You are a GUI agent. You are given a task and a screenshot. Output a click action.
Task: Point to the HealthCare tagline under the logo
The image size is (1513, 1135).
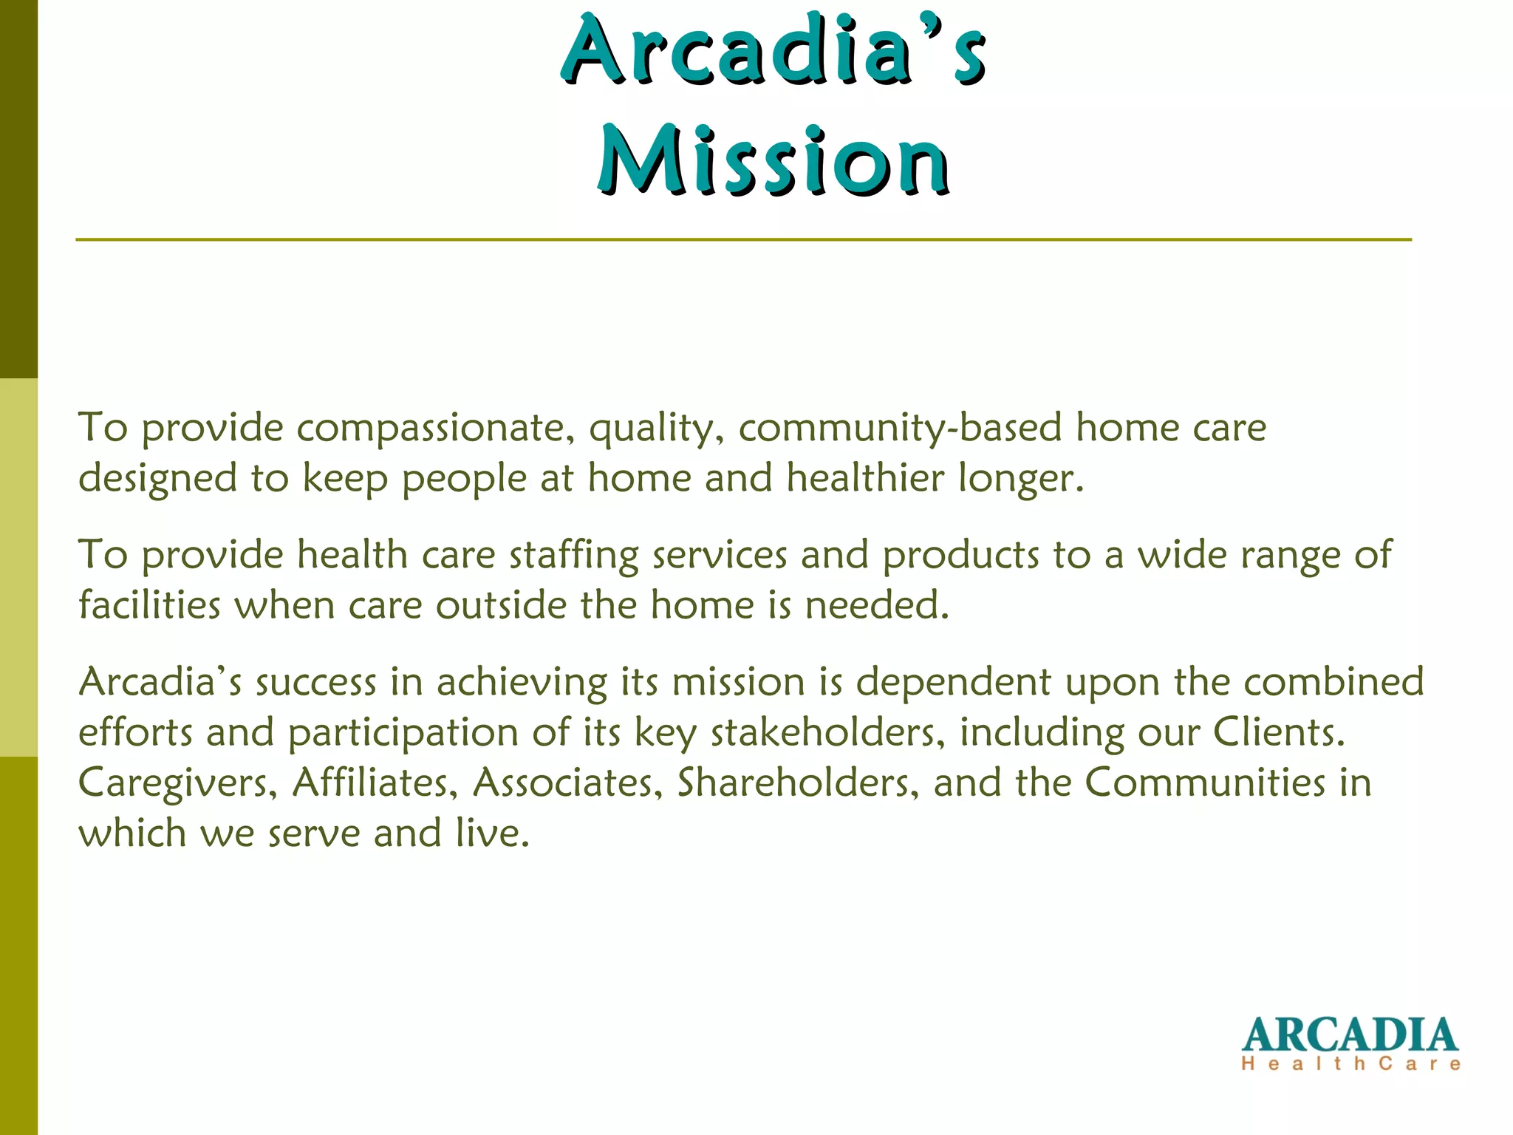pos(1351,1064)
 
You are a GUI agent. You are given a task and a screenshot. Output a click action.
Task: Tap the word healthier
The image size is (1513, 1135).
pos(865,478)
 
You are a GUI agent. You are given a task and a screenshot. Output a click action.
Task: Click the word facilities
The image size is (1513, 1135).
pos(149,605)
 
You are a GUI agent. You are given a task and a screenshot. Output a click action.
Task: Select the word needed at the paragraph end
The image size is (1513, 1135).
pos(876,605)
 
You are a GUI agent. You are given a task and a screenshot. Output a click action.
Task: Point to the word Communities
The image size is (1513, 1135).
pos(1205,783)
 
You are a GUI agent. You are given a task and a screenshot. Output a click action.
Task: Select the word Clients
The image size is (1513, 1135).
pos(1279,732)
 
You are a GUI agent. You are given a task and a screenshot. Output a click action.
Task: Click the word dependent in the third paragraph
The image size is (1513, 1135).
pos(953,682)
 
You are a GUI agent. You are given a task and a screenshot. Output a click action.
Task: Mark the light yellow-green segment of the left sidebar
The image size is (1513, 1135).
pos(18,567)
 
